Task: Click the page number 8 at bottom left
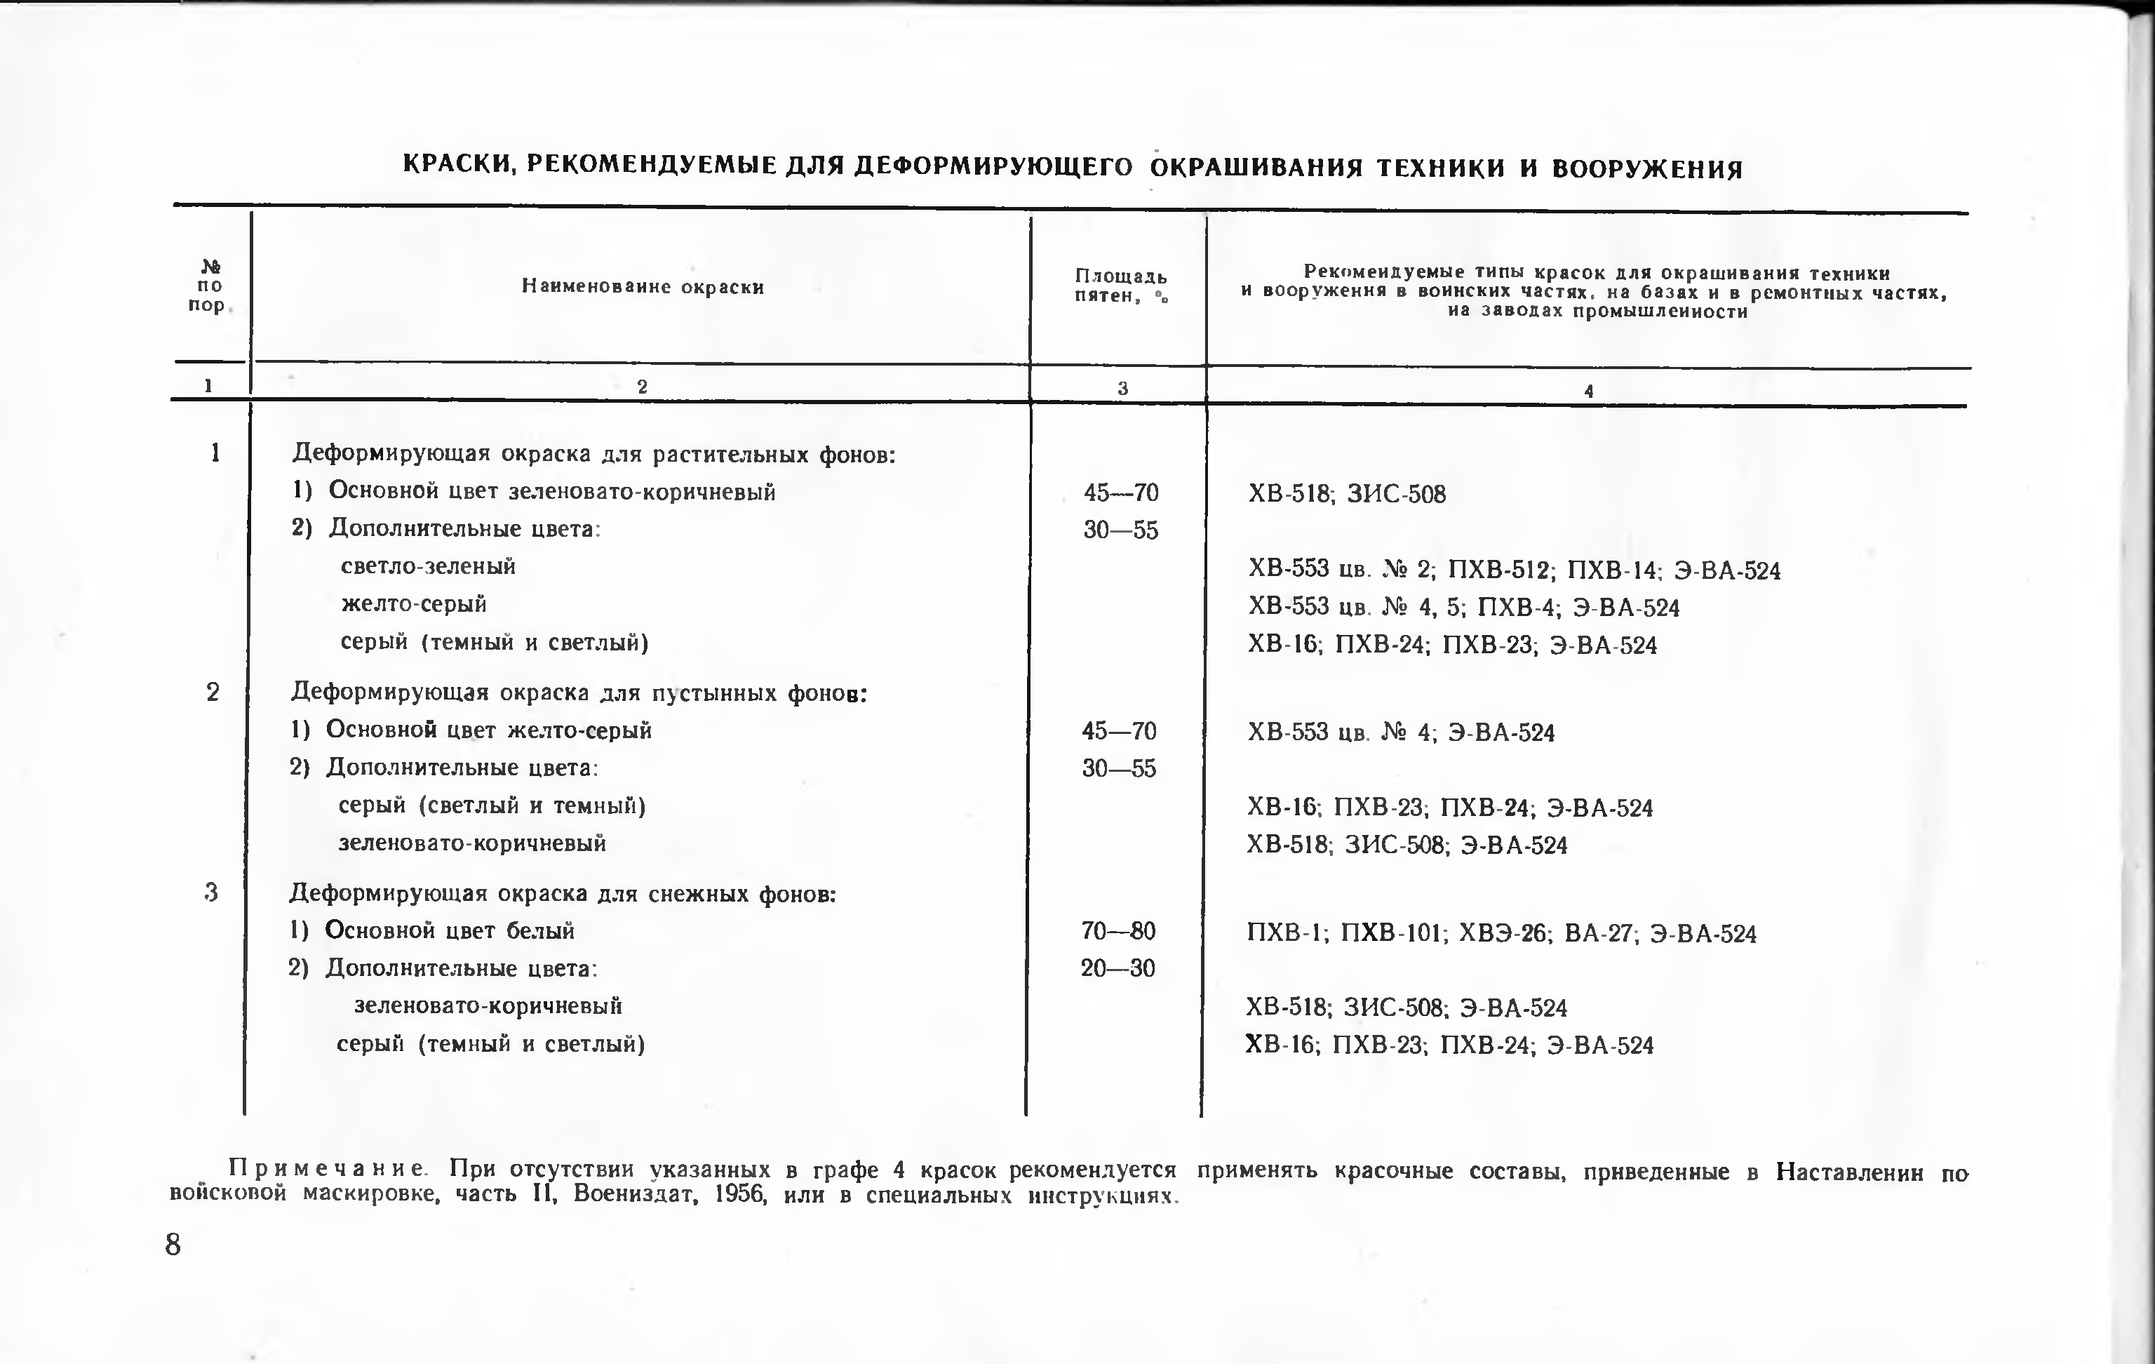(x=173, y=1245)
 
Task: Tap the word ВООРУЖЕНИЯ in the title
(x=1646, y=169)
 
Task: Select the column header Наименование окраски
(x=643, y=287)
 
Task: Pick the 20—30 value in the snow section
(x=1117, y=968)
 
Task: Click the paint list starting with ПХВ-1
(x=1501, y=933)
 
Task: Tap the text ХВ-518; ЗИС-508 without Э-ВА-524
(x=1346, y=494)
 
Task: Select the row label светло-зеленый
(x=428, y=566)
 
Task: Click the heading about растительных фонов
(x=593, y=455)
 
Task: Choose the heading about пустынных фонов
(x=579, y=693)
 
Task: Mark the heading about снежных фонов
(x=562, y=893)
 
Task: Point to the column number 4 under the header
(x=1588, y=391)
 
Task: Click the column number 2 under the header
(x=642, y=387)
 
